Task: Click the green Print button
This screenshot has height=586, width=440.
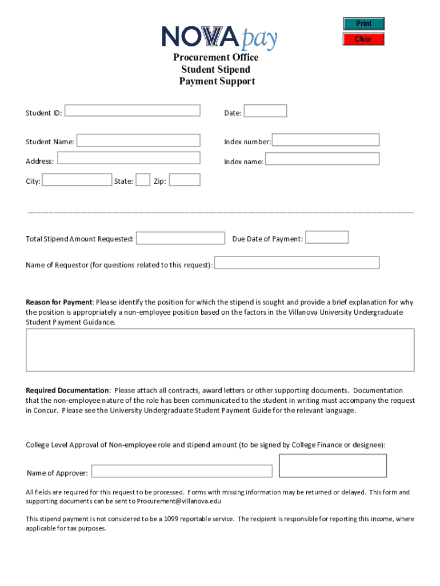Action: pyautogui.click(x=363, y=23)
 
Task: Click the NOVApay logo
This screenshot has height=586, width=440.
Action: pyautogui.click(x=220, y=38)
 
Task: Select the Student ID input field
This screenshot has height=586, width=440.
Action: pyautogui.click(x=132, y=110)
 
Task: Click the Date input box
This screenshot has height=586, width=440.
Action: pyautogui.click(x=265, y=111)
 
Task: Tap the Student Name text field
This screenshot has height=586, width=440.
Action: pyautogui.click(x=138, y=140)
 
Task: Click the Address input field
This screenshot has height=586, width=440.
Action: pyautogui.click(x=129, y=159)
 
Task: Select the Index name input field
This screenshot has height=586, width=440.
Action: pyautogui.click(x=322, y=159)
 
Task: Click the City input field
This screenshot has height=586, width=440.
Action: pyautogui.click(x=77, y=180)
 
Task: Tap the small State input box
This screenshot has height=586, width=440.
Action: pyautogui.click(x=143, y=180)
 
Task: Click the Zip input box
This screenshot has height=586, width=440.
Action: pyautogui.click(x=185, y=180)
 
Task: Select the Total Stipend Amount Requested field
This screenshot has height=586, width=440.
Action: pyautogui.click(x=181, y=238)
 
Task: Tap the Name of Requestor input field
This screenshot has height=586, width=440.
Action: pyautogui.click(x=297, y=263)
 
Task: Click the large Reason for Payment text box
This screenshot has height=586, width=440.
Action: pyautogui.click(x=220, y=350)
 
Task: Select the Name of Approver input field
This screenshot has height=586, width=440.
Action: pyautogui.click(x=182, y=471)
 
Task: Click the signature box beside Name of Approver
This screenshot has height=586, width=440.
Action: pyautogui.click(x=333, y=465)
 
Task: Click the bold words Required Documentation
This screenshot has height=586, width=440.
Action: pyautogui.click(x=67, y=390)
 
